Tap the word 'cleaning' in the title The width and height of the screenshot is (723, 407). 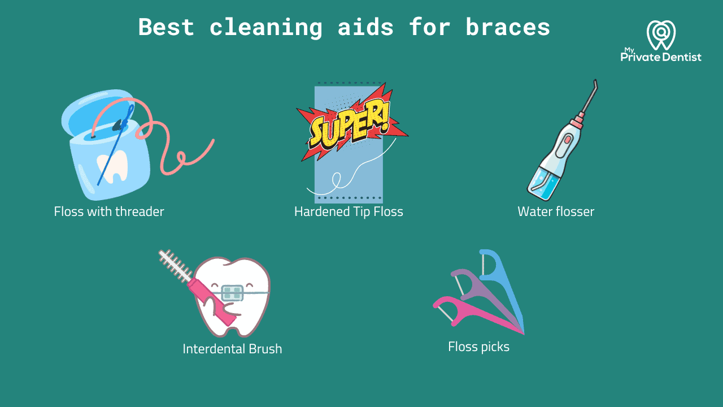[x=265, y=27]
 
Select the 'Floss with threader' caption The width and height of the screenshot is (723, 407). [x=109, y=212]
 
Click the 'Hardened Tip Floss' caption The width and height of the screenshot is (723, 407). [x=349, y=212]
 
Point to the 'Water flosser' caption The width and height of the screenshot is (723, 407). [x=556, y=212]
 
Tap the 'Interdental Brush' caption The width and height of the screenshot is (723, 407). [x=232, y=349]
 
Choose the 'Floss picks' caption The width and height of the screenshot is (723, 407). [x=478, y=347]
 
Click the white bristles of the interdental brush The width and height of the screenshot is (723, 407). [x=175, y=265]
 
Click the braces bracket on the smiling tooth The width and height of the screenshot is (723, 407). [x=232, y=292]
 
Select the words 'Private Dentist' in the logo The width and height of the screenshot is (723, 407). [x=661, y=57]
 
